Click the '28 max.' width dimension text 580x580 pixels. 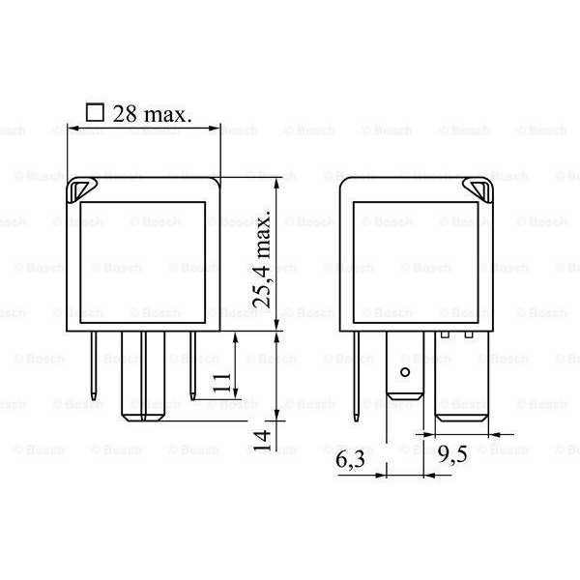pos(153,112)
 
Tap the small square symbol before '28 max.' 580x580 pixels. pos(95,111)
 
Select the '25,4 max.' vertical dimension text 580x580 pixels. pos(262,261)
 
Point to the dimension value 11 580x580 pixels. pos(221,382)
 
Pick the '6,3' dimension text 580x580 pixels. pos(351,462)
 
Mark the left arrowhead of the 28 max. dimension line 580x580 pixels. pos(71,128)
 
